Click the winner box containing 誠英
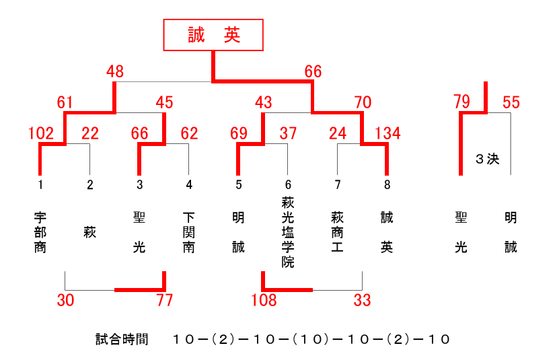click(213, 35)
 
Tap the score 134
click(387, 133)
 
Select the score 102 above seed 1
click(41, 133)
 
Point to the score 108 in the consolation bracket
click(264, 300)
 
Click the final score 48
click(115, 71)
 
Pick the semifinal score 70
click(363, 102)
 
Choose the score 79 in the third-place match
click(461, 102)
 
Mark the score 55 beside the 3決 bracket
click(511, 102)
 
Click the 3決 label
click(487, 159)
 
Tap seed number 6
click(288, 185)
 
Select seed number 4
click(189, 185)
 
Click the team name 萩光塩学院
click(288, 232)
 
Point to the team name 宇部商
click(40, 232)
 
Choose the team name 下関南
click(188, 232)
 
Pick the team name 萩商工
click(337, 232)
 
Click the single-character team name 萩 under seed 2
click(90, 232)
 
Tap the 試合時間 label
click(122, 339)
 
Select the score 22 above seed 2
click(90, 133)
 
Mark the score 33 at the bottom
click(363, 300)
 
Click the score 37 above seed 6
click(288, 133)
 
